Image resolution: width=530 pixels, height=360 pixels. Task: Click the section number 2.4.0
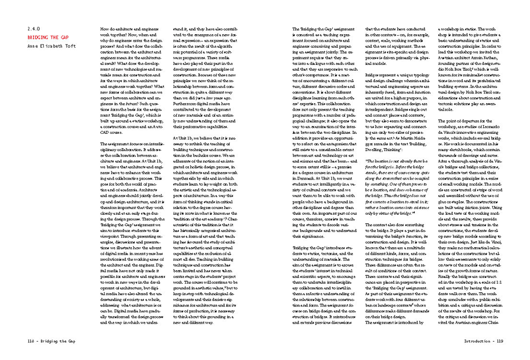[x=34, y=28]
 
